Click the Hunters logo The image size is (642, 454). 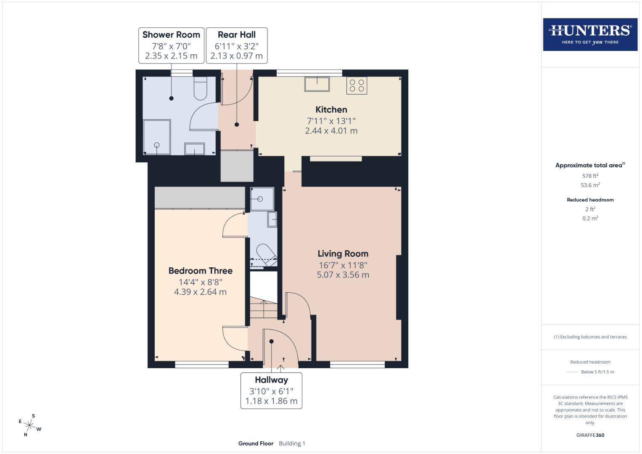click(590, 34)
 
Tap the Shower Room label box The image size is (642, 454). click(171, 45)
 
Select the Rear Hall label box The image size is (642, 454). click(236, 45)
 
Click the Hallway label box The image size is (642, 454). click(271, 391)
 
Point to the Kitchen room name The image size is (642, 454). click(331, 110)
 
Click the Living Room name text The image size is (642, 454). click(343, 253)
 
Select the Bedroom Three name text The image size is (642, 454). click(200, 271)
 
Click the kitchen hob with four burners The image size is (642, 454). click(357, 85)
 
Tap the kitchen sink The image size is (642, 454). click(317, 84)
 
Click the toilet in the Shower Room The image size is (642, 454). click(201, 88)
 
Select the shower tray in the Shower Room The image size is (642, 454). click(157, 137)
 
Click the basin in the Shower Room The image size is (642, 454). click(194, 149)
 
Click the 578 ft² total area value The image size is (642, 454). click(590, 176)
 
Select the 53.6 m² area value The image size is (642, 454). click(590, 185)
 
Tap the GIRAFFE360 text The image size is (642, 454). click(590, 435)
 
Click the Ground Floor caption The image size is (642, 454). click(256, 443)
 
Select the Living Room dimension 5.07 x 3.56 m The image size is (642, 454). click(343, 275)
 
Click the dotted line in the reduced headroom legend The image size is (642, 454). click(572, 372)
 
